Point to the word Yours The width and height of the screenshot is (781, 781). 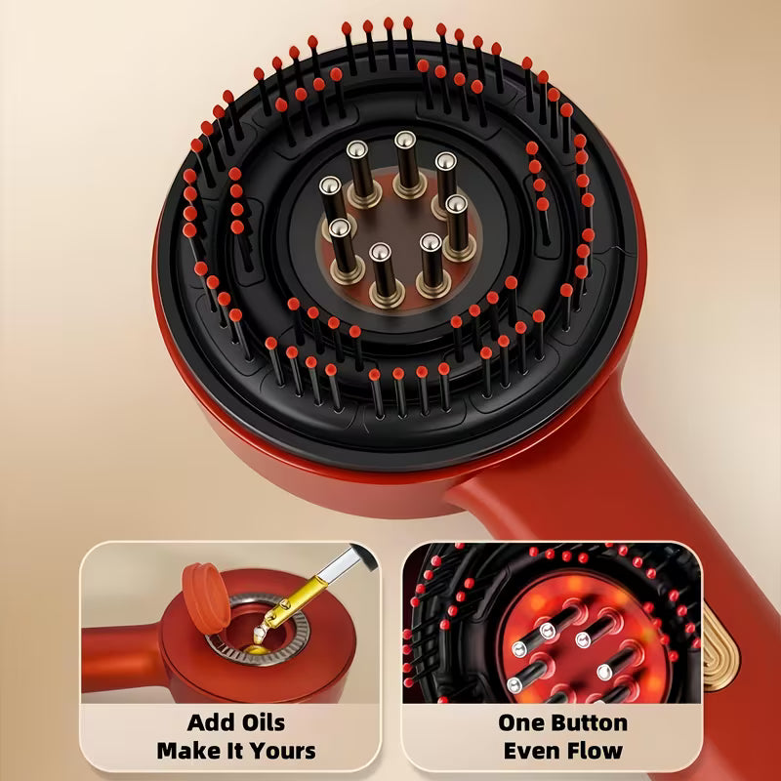click(282, 751)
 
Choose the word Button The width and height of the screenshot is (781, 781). click(592, 723)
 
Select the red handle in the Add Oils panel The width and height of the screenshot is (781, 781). click(117, 664)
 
